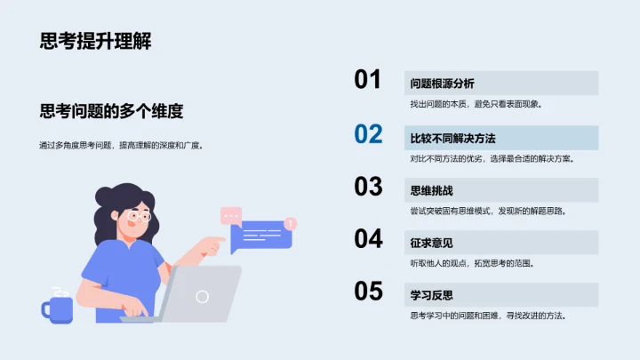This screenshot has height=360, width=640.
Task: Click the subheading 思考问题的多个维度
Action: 111,111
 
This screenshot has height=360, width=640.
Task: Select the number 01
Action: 368,80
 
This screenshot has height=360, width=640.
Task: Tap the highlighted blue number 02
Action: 368,134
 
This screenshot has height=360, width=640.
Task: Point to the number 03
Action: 368,187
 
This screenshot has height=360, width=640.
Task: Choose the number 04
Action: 368,239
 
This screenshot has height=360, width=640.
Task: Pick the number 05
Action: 368,292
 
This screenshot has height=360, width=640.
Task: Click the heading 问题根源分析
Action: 442,84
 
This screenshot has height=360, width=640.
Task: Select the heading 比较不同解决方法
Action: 452,138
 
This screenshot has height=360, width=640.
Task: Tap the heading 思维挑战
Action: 431,190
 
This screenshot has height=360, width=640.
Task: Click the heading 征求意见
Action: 431,243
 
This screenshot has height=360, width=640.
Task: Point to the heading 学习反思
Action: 431,295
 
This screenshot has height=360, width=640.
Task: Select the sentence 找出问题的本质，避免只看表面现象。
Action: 476,104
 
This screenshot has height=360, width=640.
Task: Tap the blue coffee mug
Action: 57,308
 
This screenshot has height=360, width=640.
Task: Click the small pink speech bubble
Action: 231,214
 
